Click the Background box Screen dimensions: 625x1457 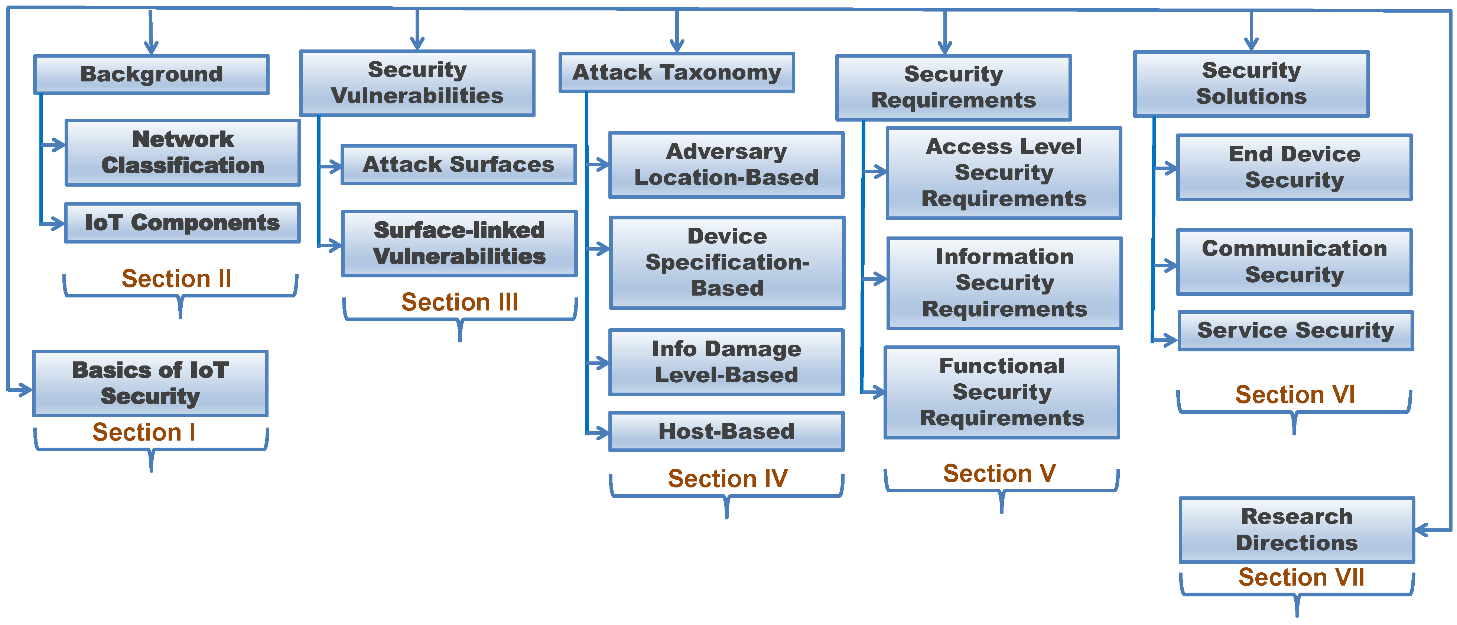pyautogui.click(x=151, y=74)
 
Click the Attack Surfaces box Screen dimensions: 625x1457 pyautogui.click(x=459, y=164)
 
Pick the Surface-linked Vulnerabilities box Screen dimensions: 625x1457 pyautogui.click(x=459, y=244)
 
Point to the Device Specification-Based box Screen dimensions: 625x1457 pyautogui.click(x=727, y=262)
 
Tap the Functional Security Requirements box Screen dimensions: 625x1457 pyautogui.click(x=1002, y=392)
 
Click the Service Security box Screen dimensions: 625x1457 pyautogui.click(x=1295, y=330)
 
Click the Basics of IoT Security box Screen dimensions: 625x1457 pyautogui.click(x=150, y=383)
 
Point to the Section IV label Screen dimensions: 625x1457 pyautogui.click(x=727, y=479)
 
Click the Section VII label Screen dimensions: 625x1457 pyautogui.click(x=1301, y=577)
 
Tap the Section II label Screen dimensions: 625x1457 pyautogui.click(x=176, y=278)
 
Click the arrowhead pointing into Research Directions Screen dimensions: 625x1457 pyautogui.click(x=1422, y=530)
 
